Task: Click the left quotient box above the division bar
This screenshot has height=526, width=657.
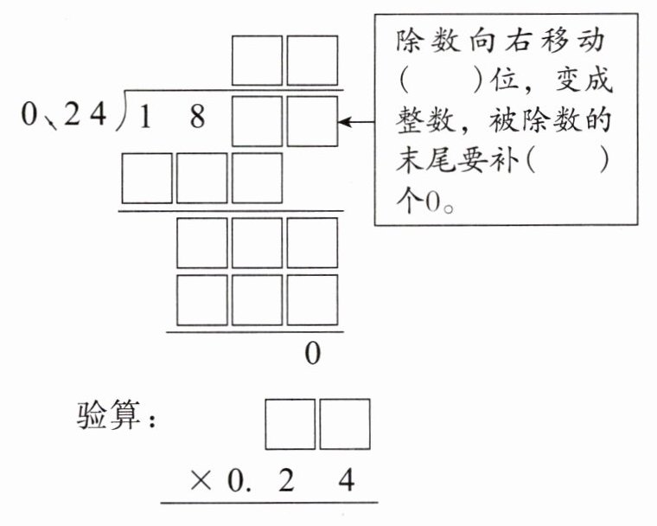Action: click(x=258, y=60)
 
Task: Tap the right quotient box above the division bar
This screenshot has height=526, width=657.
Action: click(x=312, y=60)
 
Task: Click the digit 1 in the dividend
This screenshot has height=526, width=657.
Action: click(x=145, y=118)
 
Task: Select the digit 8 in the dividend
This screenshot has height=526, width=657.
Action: click(x=198, y=118)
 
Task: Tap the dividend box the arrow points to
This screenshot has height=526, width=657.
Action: click(x=312, y=121)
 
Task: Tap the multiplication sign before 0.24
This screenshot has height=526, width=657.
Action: click(x=200, y=481)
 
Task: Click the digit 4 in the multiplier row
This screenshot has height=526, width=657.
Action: click(x=346, y=481)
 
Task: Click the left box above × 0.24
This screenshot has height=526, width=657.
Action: click(x=290, y=424)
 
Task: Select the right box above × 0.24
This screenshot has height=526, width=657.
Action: click(x=344, y=424)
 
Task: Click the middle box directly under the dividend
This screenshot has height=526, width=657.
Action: click(x=202, y=178)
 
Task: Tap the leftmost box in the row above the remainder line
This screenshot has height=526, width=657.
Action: click(x=202, y=299)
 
